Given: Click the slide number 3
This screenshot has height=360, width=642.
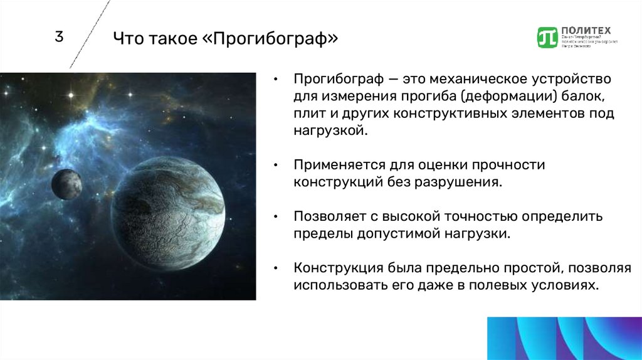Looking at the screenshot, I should pos(59,37).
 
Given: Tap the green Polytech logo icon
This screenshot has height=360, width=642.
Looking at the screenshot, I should pos(547,37).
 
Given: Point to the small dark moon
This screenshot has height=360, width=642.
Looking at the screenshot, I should pos(66,184).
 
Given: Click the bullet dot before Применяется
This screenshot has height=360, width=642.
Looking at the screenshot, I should pos(276,166).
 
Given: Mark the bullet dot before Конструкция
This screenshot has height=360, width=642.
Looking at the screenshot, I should pos(276,268).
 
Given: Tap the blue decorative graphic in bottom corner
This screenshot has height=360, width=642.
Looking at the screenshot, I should pos(564,337).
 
